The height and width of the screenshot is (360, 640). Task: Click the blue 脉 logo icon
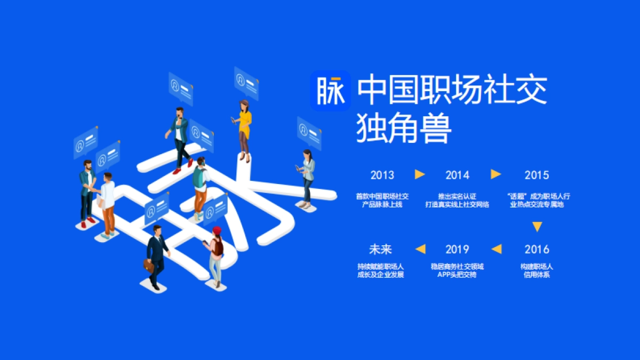click(330, 90)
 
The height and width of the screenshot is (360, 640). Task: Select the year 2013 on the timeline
click(382, 175)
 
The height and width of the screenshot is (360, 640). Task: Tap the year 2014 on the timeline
click(457, 175)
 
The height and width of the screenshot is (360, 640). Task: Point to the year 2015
click(537, 175)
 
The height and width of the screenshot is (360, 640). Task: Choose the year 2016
click(537, 249)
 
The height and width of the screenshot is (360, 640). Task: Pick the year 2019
click(457, 249)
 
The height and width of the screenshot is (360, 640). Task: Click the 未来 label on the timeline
click(380, 249)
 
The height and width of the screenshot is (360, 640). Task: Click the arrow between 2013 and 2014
click(420, 174)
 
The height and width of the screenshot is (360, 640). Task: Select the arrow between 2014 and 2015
click(496, 174)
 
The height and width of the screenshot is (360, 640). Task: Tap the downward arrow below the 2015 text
click(537, 227)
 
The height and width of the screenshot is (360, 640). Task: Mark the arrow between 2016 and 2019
click(497, 249)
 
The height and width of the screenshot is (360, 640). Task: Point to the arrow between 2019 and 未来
click(420, 249)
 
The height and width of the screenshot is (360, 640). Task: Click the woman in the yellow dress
click(244, 128)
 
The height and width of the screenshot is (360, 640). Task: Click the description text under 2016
click(537, 270)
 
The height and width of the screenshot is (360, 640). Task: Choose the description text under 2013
click(382, 201)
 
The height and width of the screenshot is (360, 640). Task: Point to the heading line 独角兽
click(404, 129)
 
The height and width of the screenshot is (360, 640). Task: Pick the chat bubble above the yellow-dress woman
click(246, 83)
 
